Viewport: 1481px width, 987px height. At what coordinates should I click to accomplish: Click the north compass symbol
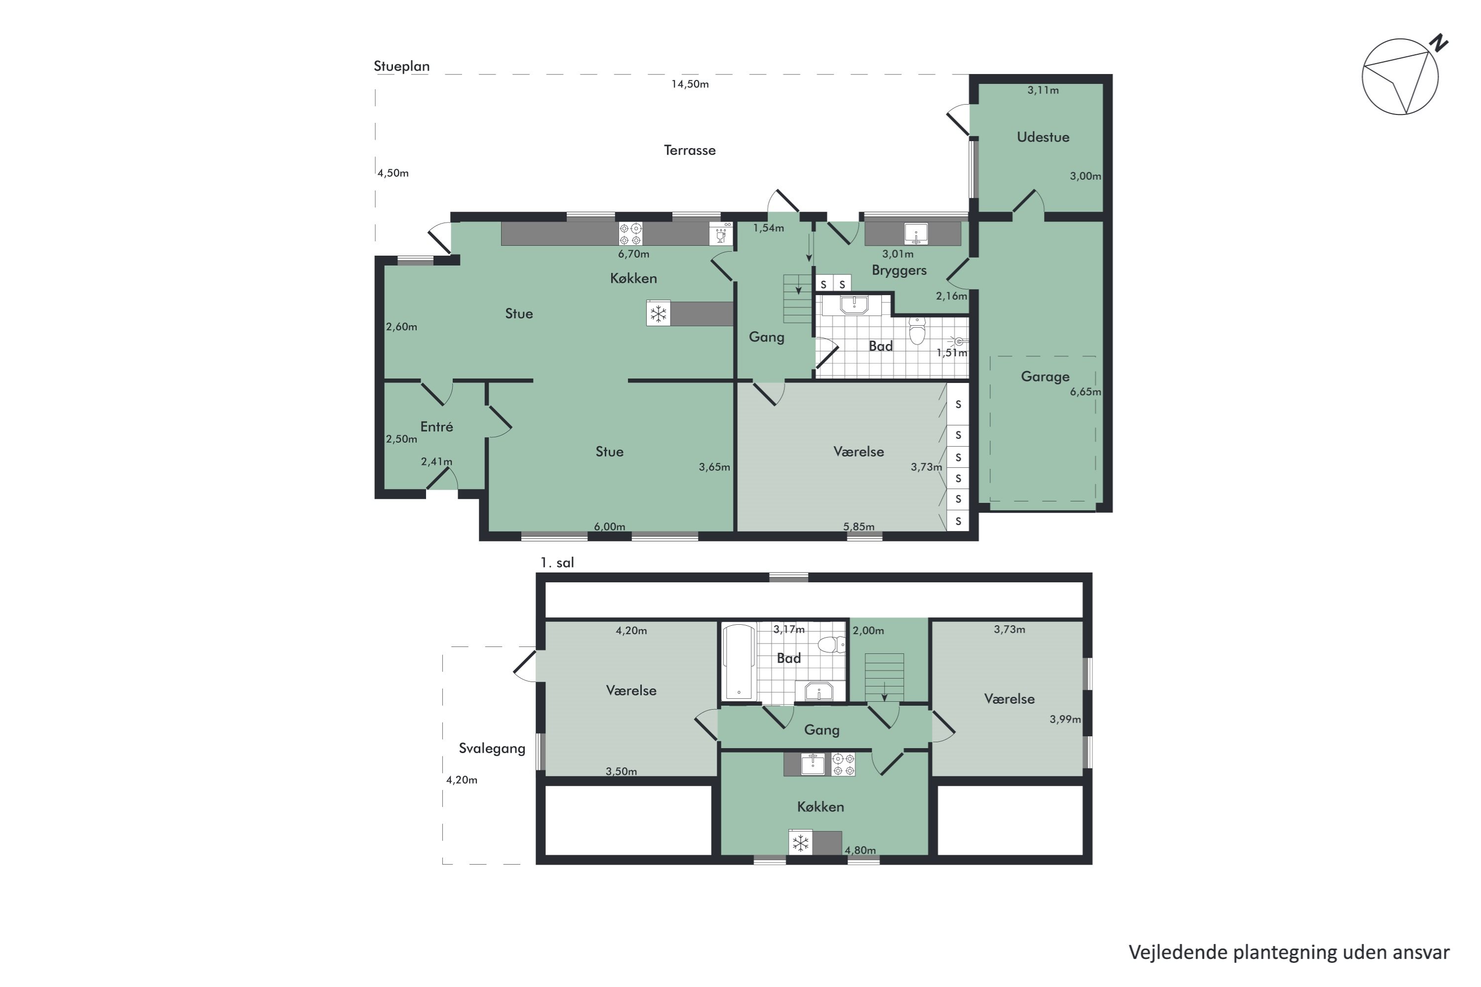[1401, 76]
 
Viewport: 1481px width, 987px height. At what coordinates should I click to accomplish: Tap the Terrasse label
[690, 151]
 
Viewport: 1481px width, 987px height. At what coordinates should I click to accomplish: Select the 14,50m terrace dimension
[690, 84]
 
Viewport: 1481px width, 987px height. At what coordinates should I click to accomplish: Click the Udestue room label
[1043, 137]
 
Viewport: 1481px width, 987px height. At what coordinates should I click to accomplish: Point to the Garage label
[1045, 377]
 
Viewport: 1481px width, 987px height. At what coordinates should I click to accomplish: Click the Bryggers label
[898, 270]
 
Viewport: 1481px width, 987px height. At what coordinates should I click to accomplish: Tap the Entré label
[436, 427]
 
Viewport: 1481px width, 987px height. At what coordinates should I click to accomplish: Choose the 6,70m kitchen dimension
[633, 254]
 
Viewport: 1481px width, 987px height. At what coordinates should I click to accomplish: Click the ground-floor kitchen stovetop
[630, 234]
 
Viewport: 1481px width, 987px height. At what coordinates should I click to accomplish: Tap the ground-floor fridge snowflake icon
[658, 313]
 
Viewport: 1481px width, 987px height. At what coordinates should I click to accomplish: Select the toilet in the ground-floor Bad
[917, 331]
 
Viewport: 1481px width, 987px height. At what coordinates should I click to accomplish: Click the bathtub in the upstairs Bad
[739, 662]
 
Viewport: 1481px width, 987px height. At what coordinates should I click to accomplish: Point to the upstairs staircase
[884, 677]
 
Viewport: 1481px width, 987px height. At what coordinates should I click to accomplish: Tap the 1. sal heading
[557, 563]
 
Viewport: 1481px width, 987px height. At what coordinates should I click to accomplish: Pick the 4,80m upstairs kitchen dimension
[860, 850]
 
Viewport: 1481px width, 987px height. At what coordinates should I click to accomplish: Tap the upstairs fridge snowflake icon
[800, 843]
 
